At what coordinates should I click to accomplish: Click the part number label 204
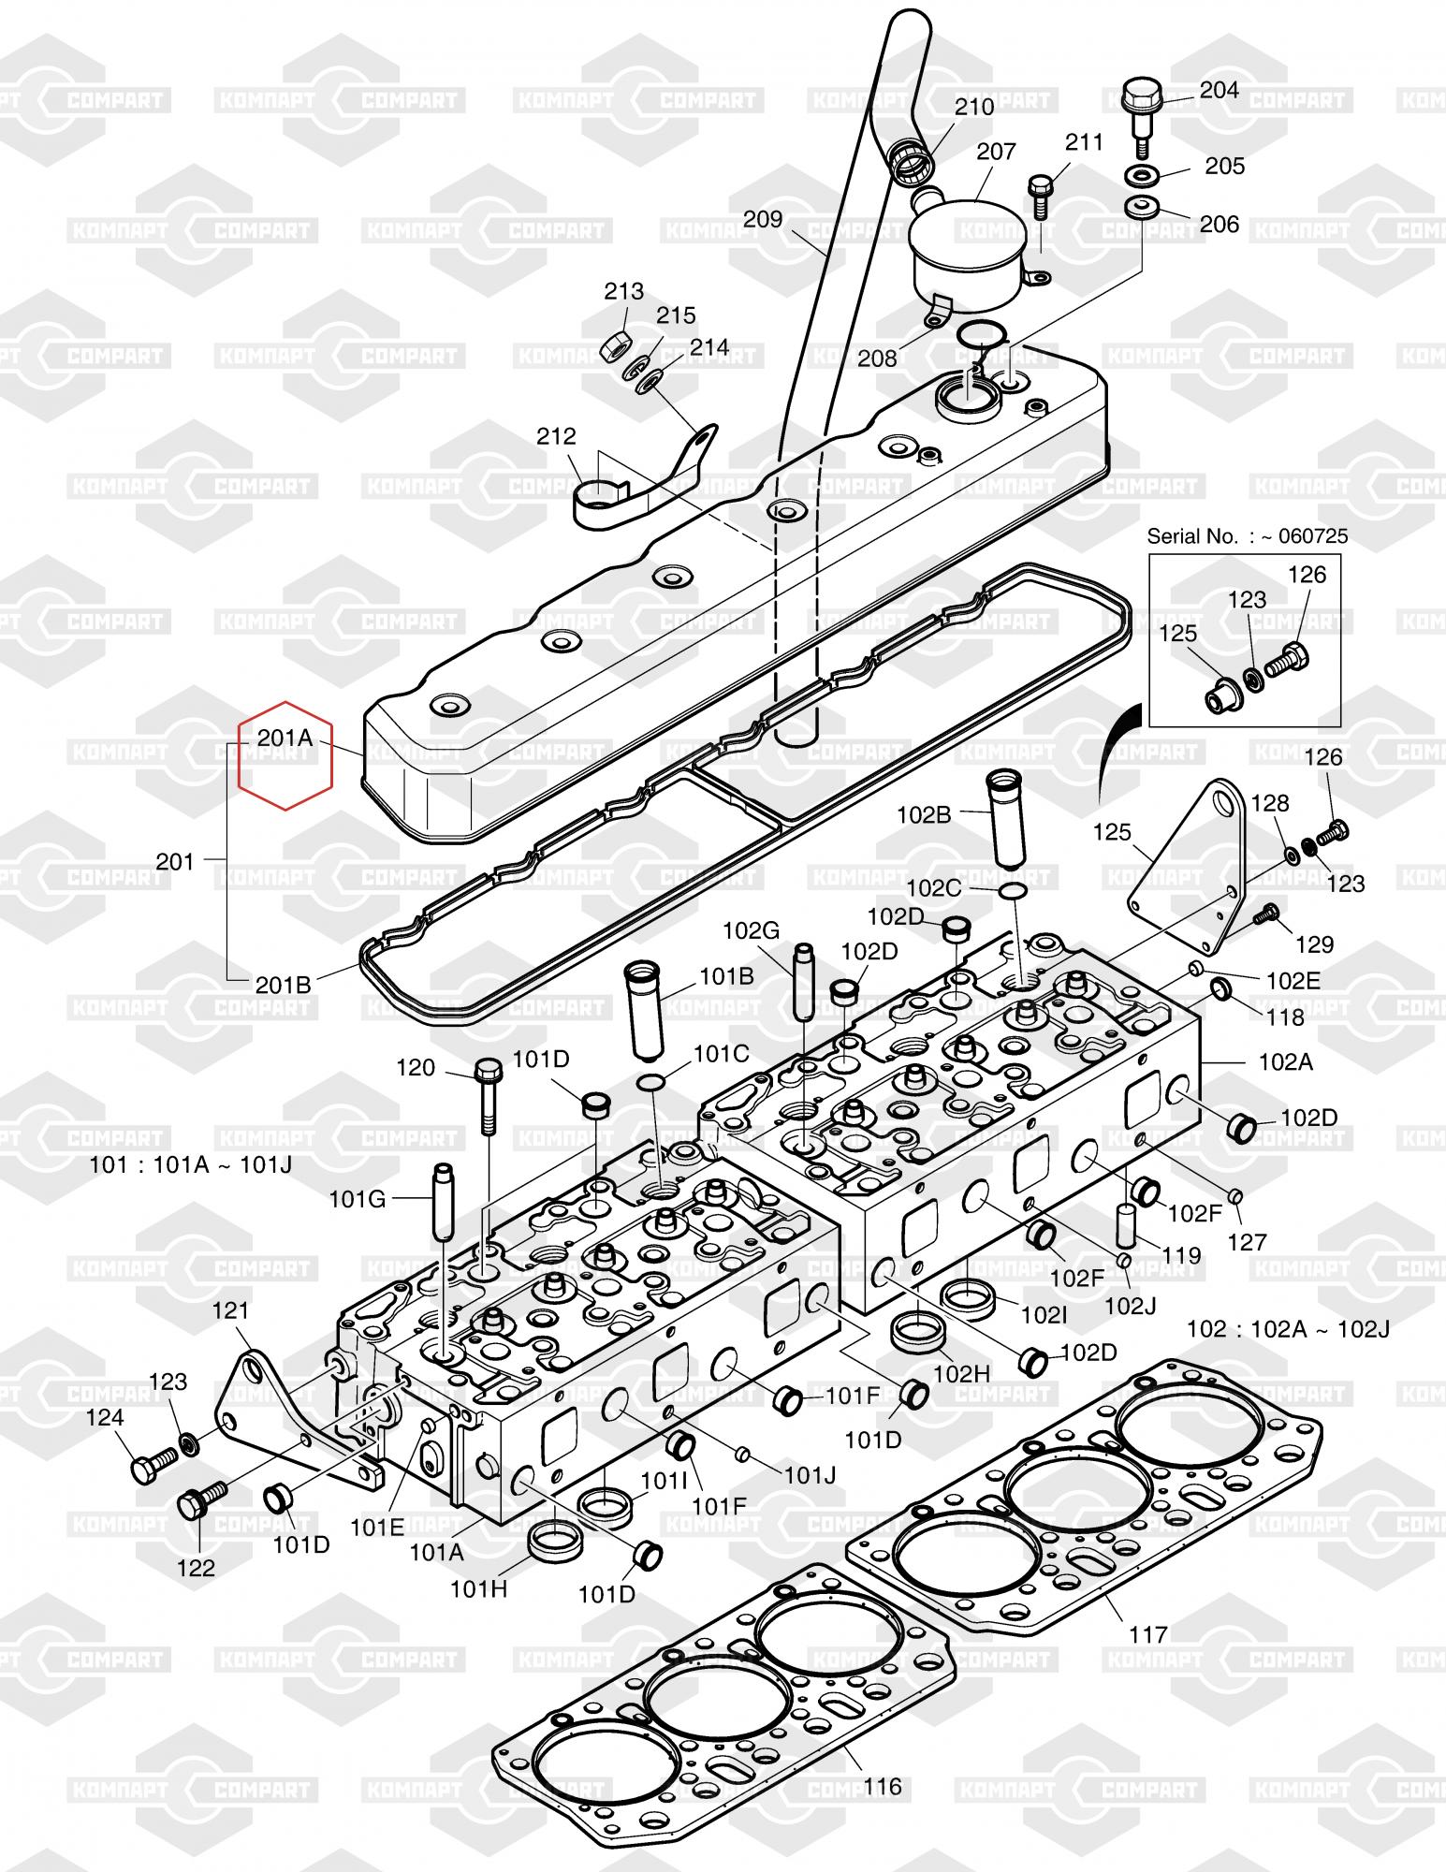1220,90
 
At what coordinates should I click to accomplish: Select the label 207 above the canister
996,152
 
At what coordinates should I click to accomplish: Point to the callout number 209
763,219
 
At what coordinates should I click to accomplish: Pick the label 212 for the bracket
556,436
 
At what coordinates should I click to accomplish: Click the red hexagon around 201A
285,754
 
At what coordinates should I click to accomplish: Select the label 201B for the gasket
283,985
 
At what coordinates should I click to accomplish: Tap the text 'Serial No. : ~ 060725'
1248,536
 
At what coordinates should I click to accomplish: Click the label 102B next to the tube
924,814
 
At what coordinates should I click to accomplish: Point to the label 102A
1286,1061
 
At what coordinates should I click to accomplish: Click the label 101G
358,1198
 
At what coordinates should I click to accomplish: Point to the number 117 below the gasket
1148,1634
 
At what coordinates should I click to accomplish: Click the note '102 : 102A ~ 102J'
1288,1328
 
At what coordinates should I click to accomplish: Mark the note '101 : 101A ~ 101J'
190,1166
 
